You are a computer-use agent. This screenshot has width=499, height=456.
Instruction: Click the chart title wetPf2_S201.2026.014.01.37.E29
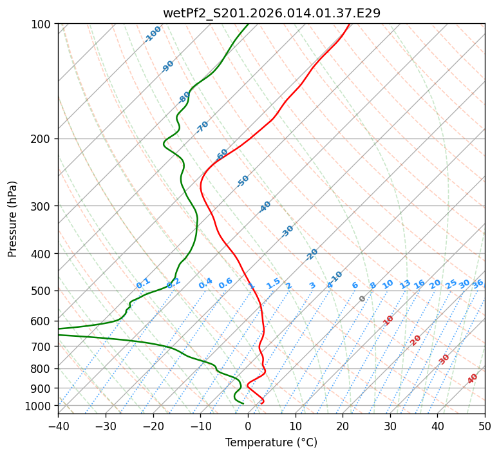271,13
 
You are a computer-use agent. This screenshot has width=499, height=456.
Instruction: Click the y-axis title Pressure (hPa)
13,219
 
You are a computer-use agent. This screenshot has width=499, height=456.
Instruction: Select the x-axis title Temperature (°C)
271,443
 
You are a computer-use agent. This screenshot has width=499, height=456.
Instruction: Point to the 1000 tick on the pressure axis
42,406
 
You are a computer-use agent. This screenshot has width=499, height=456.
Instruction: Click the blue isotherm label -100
153,33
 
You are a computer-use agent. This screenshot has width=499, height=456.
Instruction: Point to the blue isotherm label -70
202,126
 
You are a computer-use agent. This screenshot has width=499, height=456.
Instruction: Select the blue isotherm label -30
287,231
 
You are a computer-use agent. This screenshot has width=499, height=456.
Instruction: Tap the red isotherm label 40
473,379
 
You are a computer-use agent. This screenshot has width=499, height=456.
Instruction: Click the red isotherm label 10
388,320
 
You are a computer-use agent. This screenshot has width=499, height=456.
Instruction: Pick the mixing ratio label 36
478,283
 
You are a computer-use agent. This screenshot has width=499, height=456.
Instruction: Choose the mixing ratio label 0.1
143,283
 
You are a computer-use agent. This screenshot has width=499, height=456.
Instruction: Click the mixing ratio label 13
405,284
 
